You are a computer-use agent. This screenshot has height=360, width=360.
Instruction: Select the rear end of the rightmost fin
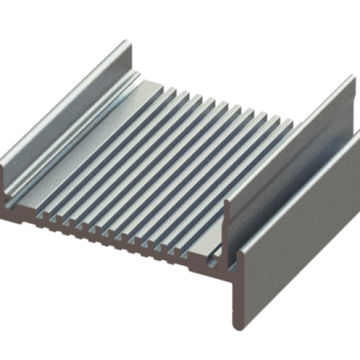pos(291,124)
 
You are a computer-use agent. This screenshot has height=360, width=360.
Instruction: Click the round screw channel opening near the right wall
pos(213,263)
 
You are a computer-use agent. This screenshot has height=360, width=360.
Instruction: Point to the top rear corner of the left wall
pos(127,43)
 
